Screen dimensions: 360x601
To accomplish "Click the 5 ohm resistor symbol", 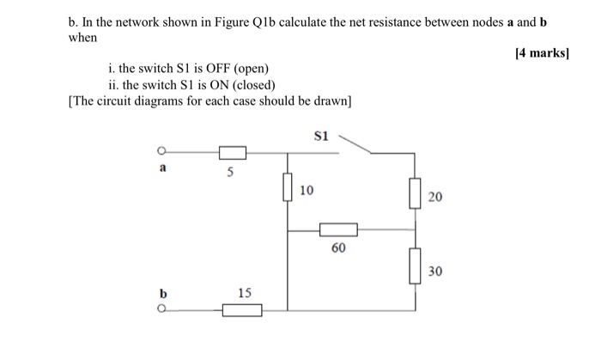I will pyautogui.click(x=233, y=153).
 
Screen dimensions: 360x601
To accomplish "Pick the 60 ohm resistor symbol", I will pyautogui.click(x=338, y=229).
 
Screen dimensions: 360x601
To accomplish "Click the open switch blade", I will pyautogui.click(x=355, y=143).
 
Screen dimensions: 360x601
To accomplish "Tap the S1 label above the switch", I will pyautogui.click(x=322, y=135).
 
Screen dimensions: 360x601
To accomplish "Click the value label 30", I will pyautogui.click(x=435, y=271).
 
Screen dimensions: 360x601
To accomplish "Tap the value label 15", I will pyautogui.click(x=245, y=292).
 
